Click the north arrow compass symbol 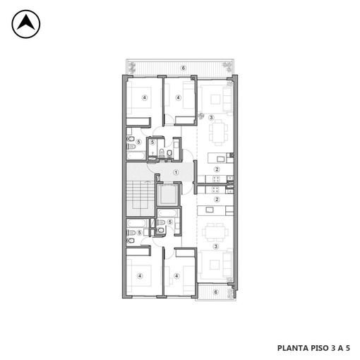point(26,24)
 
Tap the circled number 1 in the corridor point(176,172)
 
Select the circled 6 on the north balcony point(183,68)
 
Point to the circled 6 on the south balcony point(215,292)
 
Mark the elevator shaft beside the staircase point(167,195)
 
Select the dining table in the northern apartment point(219,133)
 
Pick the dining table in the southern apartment point(215,232)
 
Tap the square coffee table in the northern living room point(215,100)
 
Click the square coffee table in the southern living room point(215,265)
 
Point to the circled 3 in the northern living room point(211,117)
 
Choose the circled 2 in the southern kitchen point(217,200)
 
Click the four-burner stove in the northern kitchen point(216,179)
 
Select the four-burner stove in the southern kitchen point(215,189)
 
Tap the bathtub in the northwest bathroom point(136,155)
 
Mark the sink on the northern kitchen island point(221,159)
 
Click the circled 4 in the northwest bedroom point(145,97)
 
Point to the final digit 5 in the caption point(348,348)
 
